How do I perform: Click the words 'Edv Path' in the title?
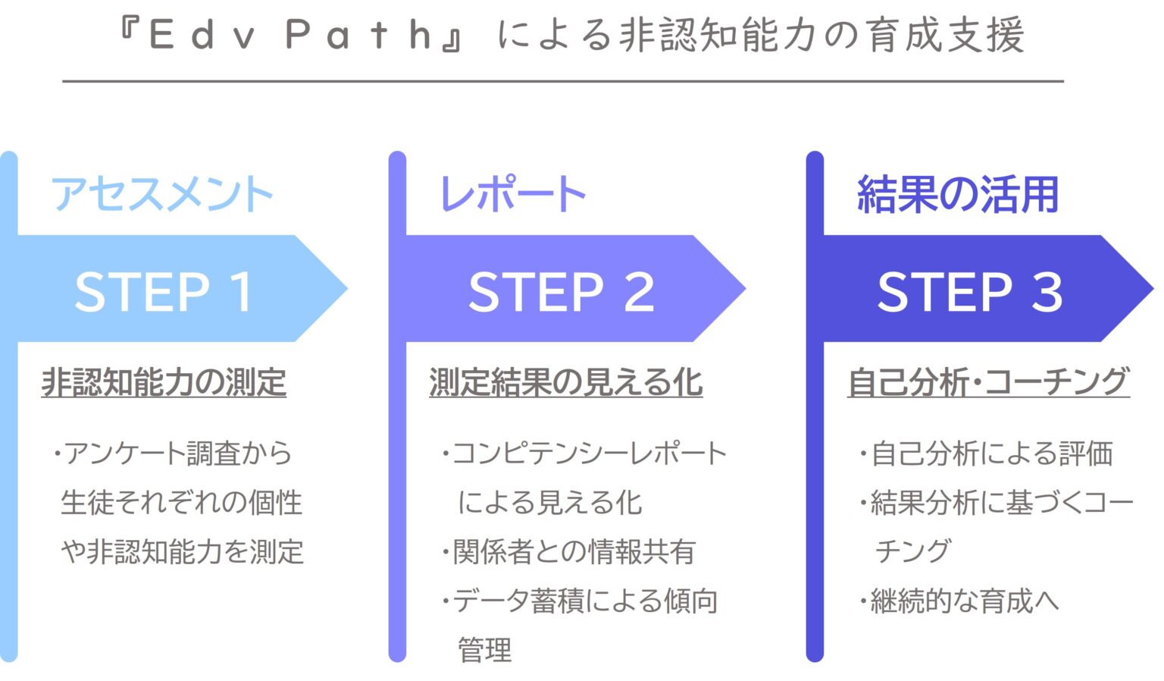292,36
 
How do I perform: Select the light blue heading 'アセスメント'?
161,194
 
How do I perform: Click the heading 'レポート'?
513,194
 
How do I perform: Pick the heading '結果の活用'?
957,194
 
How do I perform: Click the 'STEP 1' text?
164,291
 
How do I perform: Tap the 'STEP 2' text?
561,291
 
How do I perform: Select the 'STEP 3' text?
969,291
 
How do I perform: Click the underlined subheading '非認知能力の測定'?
164,382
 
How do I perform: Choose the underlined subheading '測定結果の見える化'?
565,382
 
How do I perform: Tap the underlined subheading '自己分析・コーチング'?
988,382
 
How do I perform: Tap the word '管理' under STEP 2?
485,651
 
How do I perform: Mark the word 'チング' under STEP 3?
912,551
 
